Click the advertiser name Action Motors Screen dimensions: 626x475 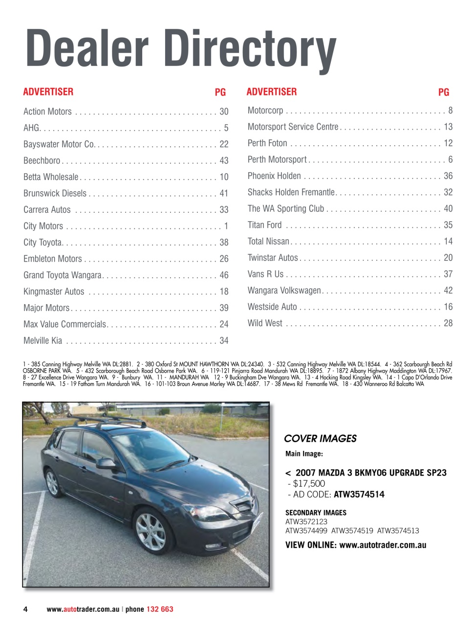pos(47,112)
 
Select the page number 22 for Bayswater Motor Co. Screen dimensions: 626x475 pos(224,144)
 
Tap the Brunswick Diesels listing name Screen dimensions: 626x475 pos(55,193)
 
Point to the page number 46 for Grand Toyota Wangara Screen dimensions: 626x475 pos(224,275)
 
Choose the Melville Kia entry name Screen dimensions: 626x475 pos(43,340)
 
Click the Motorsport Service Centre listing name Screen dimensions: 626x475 pos(293,127)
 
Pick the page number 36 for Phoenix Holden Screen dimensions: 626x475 pos(448,176)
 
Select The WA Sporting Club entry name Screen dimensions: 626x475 pos(285,208)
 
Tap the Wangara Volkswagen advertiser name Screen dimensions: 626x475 pos(284,290)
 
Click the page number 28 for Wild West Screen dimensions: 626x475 pos(448,323)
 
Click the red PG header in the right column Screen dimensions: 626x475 pos(443,92)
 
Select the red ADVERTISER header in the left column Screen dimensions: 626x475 pos(48,92)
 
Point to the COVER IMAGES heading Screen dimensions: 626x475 pos(320,439)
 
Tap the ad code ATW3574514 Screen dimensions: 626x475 pos(359,494)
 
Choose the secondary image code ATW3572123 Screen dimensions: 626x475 pos(306,522)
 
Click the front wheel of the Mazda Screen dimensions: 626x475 pos(151,532)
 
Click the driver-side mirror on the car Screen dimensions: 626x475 pos(106,463)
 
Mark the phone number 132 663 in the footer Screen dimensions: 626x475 pos(160,609)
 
